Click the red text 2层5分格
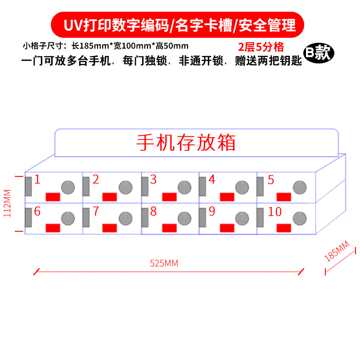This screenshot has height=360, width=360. click(x=261, y=47)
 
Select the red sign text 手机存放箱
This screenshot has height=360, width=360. click(x=186, y=143)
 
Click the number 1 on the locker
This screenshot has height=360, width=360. click(x=37, y=180)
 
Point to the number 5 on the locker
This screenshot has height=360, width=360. click(x=271, y=180)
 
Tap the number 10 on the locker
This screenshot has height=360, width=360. click(x=274, y=211)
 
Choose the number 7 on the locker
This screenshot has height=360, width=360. click(x=96, y=211)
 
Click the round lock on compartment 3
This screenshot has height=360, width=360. click(x=184, y=187)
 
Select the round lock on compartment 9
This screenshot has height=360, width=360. click(x=242, y=219)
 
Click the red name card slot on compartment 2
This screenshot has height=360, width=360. click(x=110, y=197)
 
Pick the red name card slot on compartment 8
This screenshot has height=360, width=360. click(x=169, y=228)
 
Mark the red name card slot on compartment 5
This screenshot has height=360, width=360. click(x=283, y=197)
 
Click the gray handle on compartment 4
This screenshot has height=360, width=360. click(x=202, y=186)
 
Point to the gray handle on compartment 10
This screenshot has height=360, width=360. click(x=261, y=218)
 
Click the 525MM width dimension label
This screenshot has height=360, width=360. click(x=164, y=264)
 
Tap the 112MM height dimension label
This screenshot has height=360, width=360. click(x=7, y=203)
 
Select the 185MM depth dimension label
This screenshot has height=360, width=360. click(x=337, y=252)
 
